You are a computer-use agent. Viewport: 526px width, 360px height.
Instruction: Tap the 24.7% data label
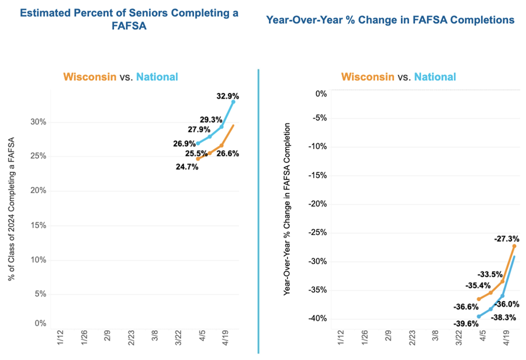point(187,167)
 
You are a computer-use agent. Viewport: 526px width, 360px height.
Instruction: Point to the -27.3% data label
point(507,238)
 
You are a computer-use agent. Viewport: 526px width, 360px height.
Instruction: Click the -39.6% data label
point(465,323)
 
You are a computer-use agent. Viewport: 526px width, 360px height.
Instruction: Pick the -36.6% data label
point(465,306)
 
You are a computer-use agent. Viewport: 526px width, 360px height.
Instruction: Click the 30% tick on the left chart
point(38,122)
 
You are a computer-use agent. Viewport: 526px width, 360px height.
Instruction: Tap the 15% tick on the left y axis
point(38,226)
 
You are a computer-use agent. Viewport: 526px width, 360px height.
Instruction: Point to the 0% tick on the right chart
point(321,94)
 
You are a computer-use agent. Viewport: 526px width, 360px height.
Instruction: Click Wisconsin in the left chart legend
point(91,77)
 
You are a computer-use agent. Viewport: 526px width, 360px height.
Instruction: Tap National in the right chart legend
point(435,77)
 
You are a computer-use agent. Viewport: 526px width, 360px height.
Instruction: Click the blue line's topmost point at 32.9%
point(233,102)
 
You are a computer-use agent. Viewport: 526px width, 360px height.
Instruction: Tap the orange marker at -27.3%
point(514,246)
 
